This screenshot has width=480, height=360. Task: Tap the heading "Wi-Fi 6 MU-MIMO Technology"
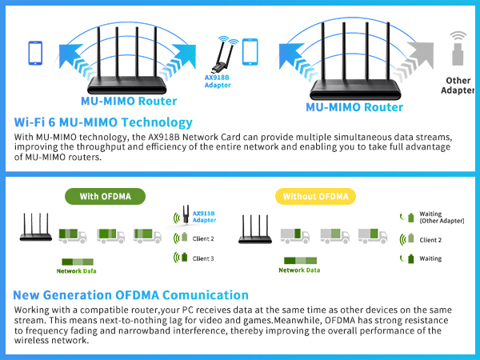tap(103, 122)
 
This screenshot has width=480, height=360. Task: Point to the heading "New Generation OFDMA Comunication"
tap(131, 295)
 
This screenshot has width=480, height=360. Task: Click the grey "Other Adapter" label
tap(457, 85)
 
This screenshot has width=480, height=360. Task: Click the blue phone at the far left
tap(35, 53)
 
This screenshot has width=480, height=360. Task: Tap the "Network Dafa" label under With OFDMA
tap(79, 270)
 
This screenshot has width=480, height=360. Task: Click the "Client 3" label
tap(202, 258)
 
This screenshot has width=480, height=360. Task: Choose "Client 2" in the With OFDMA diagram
tap(202, 238)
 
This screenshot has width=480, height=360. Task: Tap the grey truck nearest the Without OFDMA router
tap(293, 235)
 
